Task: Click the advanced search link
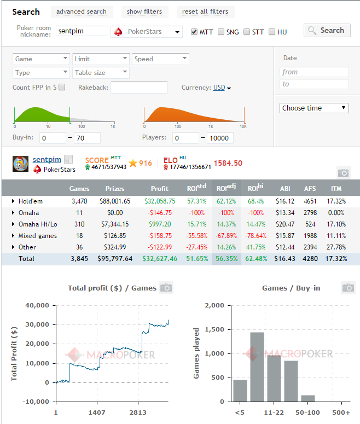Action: coord(82,11)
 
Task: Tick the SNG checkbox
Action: coord(221,32)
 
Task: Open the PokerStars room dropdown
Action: coord(147,32)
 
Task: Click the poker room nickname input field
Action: coord(82,31)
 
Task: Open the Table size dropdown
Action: coord(101,72)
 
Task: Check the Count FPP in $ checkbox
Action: coord(62,87)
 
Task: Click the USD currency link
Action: coord(219,88)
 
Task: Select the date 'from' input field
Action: coord(314,72)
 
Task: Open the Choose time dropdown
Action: coord(314,108)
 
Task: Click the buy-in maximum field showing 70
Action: coord(87,138)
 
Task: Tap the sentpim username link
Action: coord(47,160)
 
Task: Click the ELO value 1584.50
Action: coord(228,163)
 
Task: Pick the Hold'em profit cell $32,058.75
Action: coord(160,201)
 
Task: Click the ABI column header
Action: coord(285,188)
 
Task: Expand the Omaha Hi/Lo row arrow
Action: coord(13,224)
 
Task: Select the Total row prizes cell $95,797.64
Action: coord(115,259)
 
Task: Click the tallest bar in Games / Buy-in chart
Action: coord(257,367)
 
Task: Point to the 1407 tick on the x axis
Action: coord(97,413)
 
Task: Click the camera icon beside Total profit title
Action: coord(166,288)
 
